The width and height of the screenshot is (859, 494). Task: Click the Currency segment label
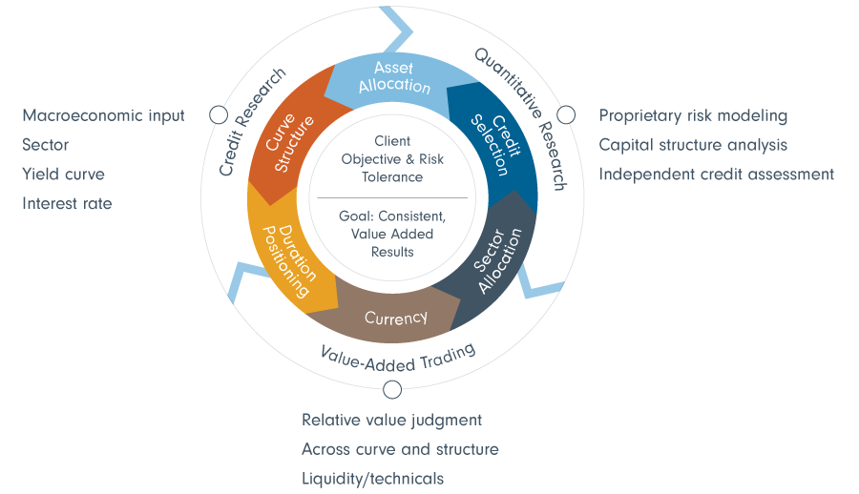pyautogui.click(x=395, y=318)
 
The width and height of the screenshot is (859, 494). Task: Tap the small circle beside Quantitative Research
pyautogui.click(x=566, y=115)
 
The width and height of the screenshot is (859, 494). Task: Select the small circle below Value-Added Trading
pyautogui.click(x=391, y=389)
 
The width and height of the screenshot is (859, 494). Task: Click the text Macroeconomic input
pyautogui.click(x=103, y=115)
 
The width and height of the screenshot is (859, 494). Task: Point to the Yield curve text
pyautogui.click(x=63, y=175)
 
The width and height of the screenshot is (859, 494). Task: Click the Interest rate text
pyautogui.click(x=67, y=204)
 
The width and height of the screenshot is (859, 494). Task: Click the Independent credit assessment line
pyautogui.click(x=716, y=175)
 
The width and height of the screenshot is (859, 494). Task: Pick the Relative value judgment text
pyautogui.click(x=391, y=420)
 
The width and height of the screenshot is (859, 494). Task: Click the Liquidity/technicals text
pyautogui.click(x=372, y=479)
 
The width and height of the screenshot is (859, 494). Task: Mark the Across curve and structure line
pyautogui.click(x=400, y=449)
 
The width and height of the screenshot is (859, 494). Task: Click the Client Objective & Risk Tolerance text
pyautogui.click(x=391, y=159)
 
